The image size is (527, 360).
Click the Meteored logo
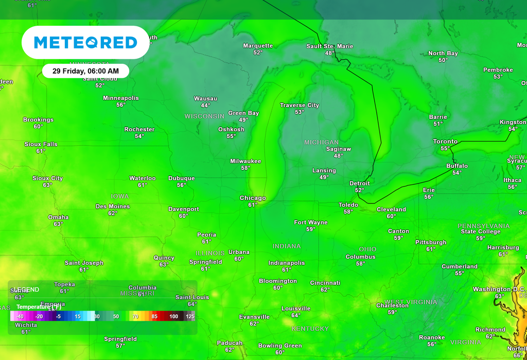point(85,42)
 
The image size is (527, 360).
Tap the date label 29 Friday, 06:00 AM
point(85,71)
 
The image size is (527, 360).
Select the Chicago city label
point(253,198)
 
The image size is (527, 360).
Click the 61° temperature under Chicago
point(253,205)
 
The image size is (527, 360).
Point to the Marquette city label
point(258,46)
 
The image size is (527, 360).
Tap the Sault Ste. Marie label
point(330,46)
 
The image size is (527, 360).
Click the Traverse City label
point(300,105)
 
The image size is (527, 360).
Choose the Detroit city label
point(359,183)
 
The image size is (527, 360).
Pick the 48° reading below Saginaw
point(338,156)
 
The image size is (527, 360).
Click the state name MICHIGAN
point(322,142)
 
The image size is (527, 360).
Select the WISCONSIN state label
point(204,116)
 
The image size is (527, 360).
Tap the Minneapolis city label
point(121,98)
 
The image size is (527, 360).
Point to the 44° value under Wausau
point(205,105)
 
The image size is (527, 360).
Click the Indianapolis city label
point(287,263)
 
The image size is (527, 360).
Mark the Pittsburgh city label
point(431,242)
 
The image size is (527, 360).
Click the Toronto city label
point(445,142)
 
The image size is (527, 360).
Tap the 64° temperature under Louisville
point(296,315)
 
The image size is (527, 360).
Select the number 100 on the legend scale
point(173,316)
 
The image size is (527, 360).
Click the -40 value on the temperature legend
point(20,316)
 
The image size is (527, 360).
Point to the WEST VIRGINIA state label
point(411,302)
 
